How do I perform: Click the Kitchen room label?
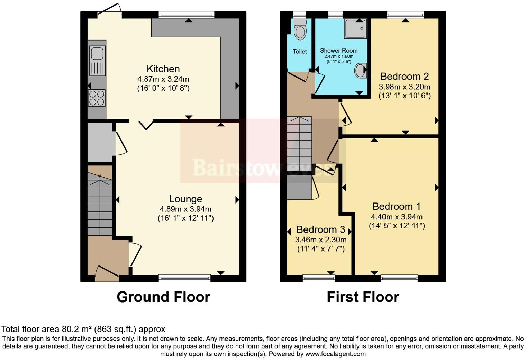(x=163, y=69)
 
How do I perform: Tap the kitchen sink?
(x=97, y=60)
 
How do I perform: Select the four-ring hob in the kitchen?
(x=97, y=98)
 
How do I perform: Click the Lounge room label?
(x=185, y=199)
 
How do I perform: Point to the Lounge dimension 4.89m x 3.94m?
(x=185, y=209)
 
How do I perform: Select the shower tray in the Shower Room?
(x=355, y=29)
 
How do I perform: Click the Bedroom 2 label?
(x=405, y=76)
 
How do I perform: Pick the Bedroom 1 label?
(x=397, y=207)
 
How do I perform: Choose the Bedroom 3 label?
(x=321, y=230)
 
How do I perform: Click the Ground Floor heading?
(x=163, y=297)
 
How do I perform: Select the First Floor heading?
(x=363, y=297)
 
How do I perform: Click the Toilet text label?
(x=300, y=52)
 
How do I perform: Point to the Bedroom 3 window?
(x=319, y=278)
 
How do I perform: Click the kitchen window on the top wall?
(x=187, y=15)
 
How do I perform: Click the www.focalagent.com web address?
(x=335, y=354)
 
